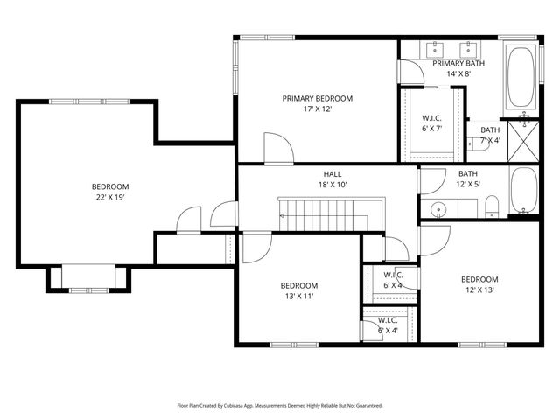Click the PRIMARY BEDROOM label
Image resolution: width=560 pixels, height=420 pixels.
(x=317, y=98)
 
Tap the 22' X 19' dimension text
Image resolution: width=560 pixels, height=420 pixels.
(x=110, y=199)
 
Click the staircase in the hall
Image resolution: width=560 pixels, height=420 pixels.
(x=319, y=214)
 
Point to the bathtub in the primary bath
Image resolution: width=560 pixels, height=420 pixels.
(x=523, y=74)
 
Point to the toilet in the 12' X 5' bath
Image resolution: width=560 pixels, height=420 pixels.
(x=492, y=207)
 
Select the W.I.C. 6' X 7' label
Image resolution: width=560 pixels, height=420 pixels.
(x=431, y=123)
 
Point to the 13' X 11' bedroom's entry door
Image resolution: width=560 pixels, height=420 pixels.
(x=255, y=248)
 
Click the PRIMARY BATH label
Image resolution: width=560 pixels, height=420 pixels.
(x=458, y=63)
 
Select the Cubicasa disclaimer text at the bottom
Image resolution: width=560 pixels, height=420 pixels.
(x=280, y=406)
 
